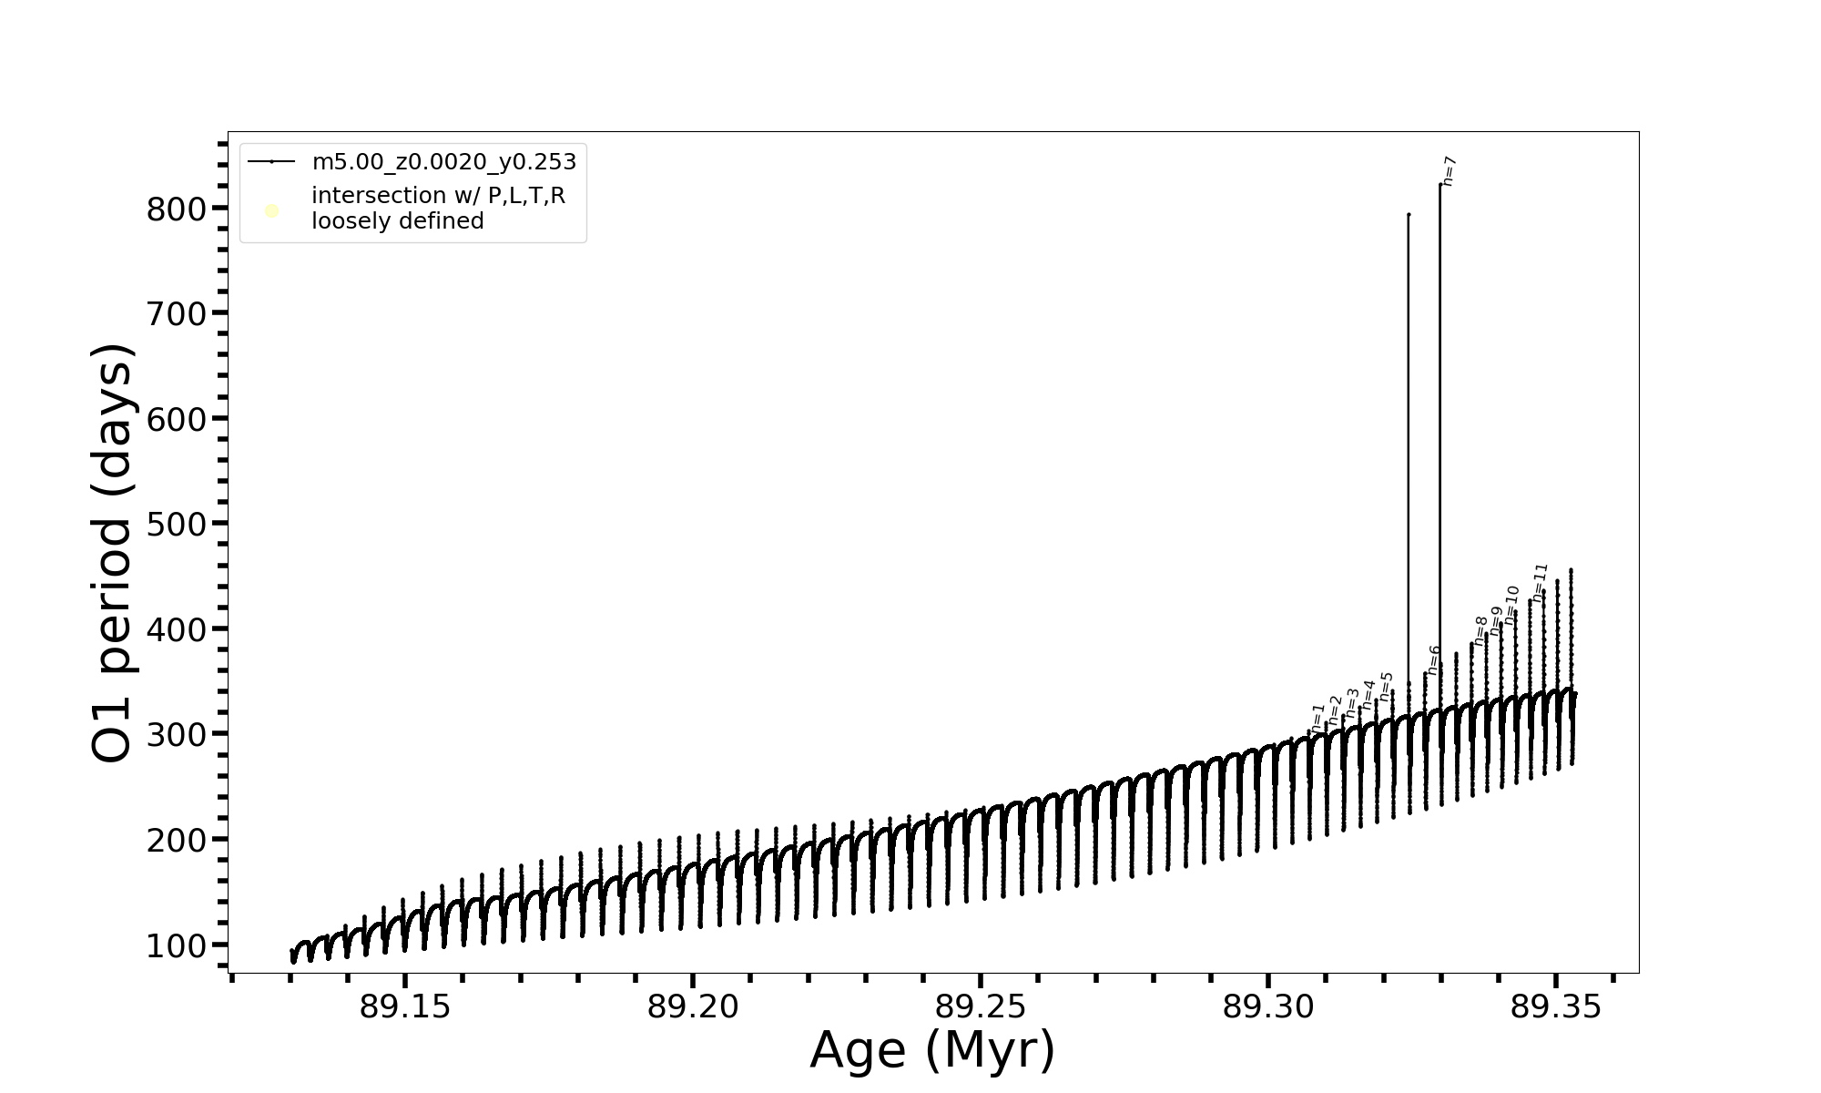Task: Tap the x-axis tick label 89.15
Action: pos(405,1007)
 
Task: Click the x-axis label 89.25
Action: pos(981,1007)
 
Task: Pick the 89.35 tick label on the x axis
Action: pos(1556,1007)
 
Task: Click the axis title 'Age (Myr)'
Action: pos(932,1050)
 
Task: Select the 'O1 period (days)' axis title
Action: pos(113,553)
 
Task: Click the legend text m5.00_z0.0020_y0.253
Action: pos(444,162)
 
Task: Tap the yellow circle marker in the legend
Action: pos(271,211)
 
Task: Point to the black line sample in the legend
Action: pos(271,162)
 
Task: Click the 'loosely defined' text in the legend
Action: pos(398,221)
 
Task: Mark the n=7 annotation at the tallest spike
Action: pos(1450,171)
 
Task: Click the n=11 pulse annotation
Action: pos(1540,582)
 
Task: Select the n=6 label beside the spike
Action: pos(1433,659)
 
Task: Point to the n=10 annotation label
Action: pos(1511,605)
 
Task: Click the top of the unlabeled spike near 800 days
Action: pos(1409,215)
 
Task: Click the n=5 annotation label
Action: pos(1386,687)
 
